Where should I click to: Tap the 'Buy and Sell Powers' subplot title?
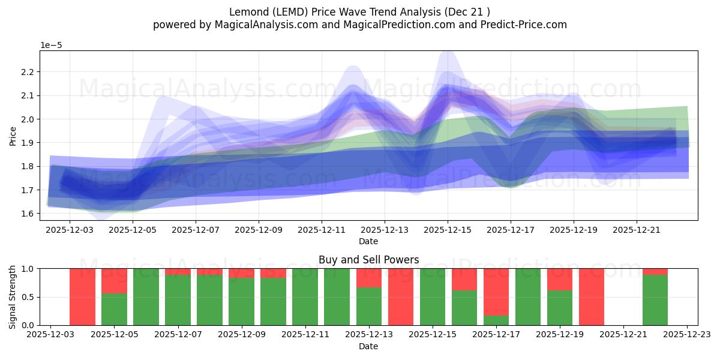368,260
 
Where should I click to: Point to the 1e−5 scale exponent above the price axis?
51,45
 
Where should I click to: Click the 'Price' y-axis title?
13,136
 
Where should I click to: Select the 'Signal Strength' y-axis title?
13,297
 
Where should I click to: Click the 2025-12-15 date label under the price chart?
447,229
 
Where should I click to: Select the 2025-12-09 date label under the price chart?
259,229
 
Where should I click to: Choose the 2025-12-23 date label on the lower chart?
687,334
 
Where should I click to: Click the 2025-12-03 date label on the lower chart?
51,334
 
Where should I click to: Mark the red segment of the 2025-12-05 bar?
114,281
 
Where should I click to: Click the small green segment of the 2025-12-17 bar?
496,320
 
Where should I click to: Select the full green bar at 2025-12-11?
305,297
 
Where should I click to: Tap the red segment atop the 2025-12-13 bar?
368,278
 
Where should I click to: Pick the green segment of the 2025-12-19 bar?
559,308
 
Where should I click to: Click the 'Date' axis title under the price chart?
368,241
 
